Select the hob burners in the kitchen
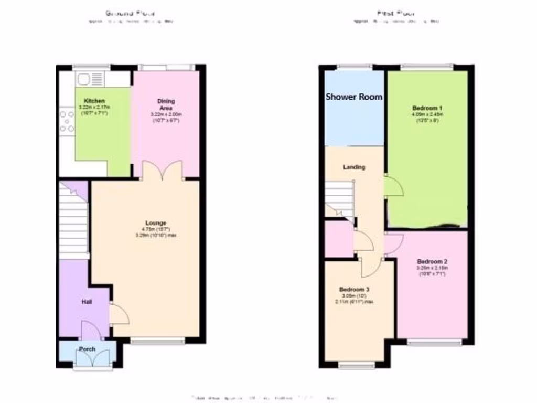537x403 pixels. pos(67,121)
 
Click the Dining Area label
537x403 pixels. pos(166,104)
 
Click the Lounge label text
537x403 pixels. pos(156,223)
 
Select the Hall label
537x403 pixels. pos(87,302)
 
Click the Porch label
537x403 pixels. pos(87,349)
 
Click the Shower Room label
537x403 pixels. pos(354,97)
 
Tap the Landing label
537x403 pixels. pos(354,167)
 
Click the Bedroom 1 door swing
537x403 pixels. pos(393,186)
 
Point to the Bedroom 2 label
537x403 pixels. pos(432,261)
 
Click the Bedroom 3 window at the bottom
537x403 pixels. pos(356,365)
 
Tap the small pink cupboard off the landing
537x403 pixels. pos(338,240)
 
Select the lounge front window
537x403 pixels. pos(157,341)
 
